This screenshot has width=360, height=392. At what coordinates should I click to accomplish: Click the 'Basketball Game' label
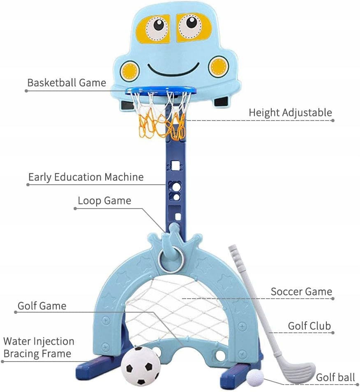[x=67, y=83]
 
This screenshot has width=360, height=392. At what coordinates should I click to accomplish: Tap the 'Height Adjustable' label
[x=290, y=113]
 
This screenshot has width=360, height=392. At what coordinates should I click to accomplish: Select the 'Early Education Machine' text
[x=86, y=177]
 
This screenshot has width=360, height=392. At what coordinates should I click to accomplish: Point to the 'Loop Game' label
[x=104, y=201]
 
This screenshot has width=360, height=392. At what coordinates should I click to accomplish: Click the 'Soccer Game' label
[x=301, y=292]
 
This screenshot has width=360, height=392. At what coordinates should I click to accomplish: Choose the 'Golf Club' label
[x=309, y=326]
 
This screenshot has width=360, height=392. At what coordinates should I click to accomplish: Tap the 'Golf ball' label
[x=335, y=378]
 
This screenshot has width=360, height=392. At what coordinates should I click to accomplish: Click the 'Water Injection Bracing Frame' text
[x=39, y=348]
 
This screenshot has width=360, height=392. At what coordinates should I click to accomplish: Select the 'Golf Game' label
[x=42, y=306]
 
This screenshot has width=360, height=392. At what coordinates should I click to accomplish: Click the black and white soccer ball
[x=141, y=366]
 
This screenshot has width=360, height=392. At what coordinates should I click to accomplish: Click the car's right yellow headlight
[x=219, y=67]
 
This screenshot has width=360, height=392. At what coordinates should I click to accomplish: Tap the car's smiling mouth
[x=173, y=70]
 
